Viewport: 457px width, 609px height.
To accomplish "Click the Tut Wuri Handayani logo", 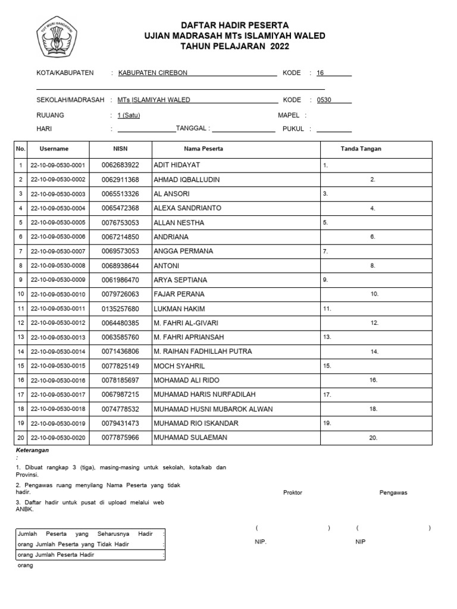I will click(56, 36).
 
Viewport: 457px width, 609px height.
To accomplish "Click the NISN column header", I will click(120, 149).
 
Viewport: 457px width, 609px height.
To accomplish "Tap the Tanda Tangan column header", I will click(361, 149).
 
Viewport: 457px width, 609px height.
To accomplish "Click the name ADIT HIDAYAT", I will click(177, 165).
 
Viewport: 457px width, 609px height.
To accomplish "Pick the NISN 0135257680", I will click(120, 309).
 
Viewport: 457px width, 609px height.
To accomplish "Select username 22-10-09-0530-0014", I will click(58, 352).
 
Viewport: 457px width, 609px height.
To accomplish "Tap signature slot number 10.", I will click(374, 294).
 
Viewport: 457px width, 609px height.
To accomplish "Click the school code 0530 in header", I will click(324, 100).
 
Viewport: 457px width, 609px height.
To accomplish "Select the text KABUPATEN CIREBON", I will click(153, 73).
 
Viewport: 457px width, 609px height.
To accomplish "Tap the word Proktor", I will click(293, 492).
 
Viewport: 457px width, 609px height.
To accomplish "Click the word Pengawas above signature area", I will click(393, 492).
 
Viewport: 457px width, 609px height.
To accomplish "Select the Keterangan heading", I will click(32, 450).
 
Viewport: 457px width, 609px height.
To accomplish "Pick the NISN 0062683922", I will click(120, 165).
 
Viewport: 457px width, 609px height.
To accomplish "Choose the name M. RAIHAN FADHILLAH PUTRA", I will click(202, 351).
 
